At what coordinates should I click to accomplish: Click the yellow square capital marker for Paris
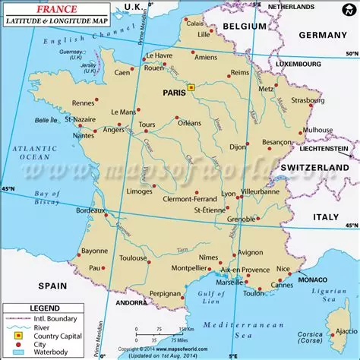tap(191, 88)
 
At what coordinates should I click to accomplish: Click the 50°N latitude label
tap(350, 54)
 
